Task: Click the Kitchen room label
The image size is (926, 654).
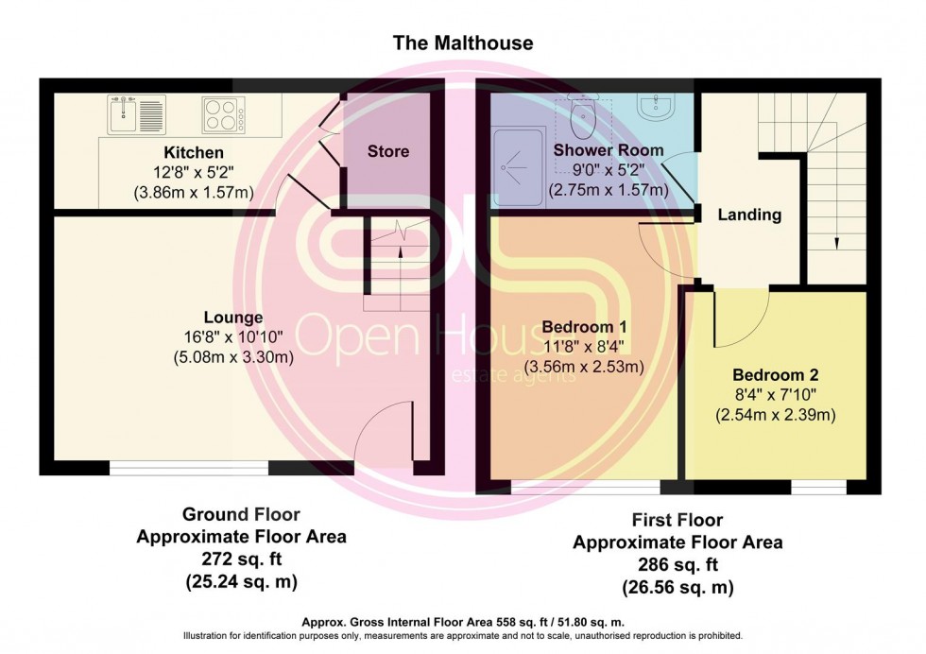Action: point(194,152)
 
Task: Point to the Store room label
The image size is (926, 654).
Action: point(388,151)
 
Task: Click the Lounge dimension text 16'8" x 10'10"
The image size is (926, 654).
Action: point(232,337)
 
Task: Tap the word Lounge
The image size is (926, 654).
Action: point(232,318)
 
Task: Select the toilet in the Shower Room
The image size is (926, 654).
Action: point(584,117)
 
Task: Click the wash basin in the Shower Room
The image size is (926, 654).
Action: point(659,107)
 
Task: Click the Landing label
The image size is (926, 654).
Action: point(749,215)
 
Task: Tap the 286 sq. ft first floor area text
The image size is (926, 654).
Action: point(677,565)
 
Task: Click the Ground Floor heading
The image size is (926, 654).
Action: point(241,515)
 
